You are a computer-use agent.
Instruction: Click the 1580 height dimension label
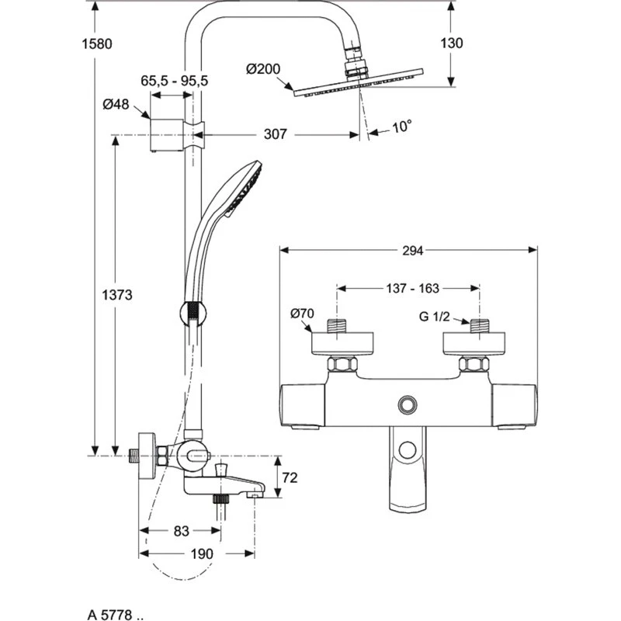tap(99, 43)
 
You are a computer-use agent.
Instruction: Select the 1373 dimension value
tap(118, 295)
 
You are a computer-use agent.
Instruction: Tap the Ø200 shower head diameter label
tap(262, 69)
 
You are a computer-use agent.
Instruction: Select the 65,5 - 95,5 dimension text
tap(175, 80)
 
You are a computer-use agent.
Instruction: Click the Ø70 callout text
tap(302, 314)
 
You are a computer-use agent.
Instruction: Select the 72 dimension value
tap(289, 478)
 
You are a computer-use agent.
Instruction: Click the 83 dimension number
tap(180, 532)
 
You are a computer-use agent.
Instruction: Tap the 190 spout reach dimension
tap(201, 554)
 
